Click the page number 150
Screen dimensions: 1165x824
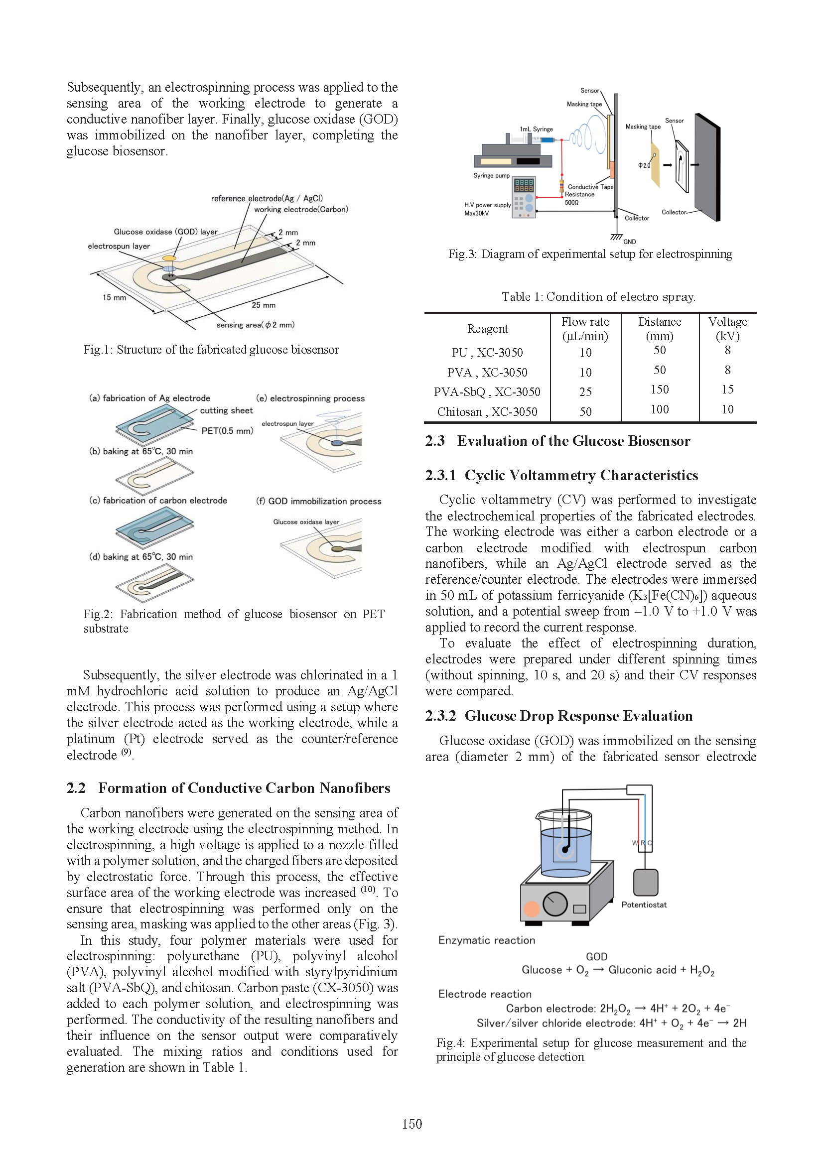tap(412, 1124)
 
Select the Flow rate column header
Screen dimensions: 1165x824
tap(585, 329)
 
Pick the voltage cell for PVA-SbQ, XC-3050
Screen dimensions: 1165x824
tap(727, 389)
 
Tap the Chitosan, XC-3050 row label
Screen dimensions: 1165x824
tap(487, 411)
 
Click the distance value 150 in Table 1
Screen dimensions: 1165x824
tap(660, 389)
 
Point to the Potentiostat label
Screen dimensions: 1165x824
tap(644, 905)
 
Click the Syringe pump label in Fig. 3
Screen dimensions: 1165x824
tap(491, 175)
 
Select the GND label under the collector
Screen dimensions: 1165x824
tap(629, 242)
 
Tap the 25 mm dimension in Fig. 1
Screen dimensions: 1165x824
tap(264, 305)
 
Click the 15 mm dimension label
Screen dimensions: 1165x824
tap(114, 297)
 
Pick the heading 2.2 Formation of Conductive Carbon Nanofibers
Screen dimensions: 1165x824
tap(228, 788)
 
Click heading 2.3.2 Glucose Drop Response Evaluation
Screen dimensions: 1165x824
tap(558, 716)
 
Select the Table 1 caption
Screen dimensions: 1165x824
tap(598, 297)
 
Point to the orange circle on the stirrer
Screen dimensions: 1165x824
tap(531, 908)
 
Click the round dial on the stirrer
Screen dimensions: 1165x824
tap(554, 904)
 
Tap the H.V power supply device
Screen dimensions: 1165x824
tap(524, 197)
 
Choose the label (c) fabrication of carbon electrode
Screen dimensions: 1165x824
tap(158, 500)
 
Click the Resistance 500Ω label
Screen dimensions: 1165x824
tap(579, 198)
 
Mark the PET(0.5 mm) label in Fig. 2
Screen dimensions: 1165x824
tap(227, 431)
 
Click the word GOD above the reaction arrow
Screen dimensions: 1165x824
tap(596, 956)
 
